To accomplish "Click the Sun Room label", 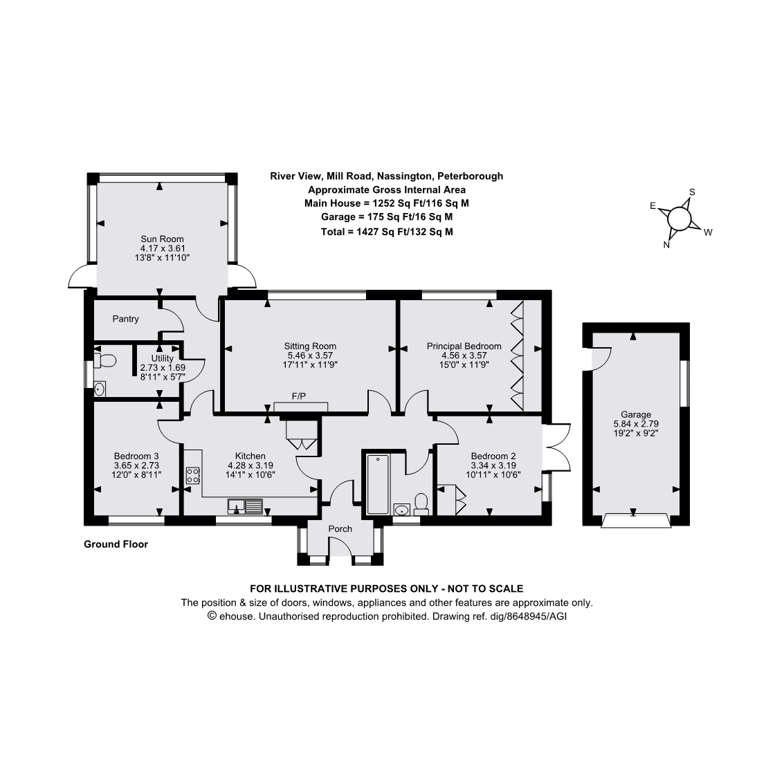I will coord(162,239).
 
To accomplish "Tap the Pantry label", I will coord(126,319).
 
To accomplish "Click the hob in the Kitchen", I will coord(193,476).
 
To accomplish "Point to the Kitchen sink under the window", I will coord(245,508).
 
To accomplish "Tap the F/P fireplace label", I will coord(299,396).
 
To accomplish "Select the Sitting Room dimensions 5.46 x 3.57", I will coord(310,355).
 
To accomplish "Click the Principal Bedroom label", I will coord(464,346).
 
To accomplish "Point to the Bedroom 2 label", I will coord(493,456).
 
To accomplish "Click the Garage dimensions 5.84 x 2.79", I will coord(635,424).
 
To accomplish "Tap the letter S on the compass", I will coord(692,192).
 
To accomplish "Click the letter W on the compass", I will coord(708,233).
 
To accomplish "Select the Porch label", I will coord(340,529).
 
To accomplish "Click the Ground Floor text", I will coord(116,544).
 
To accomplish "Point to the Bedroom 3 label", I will coord(136,456).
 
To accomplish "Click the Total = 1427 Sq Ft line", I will coord(387,232).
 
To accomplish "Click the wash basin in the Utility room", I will coord(100,389).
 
